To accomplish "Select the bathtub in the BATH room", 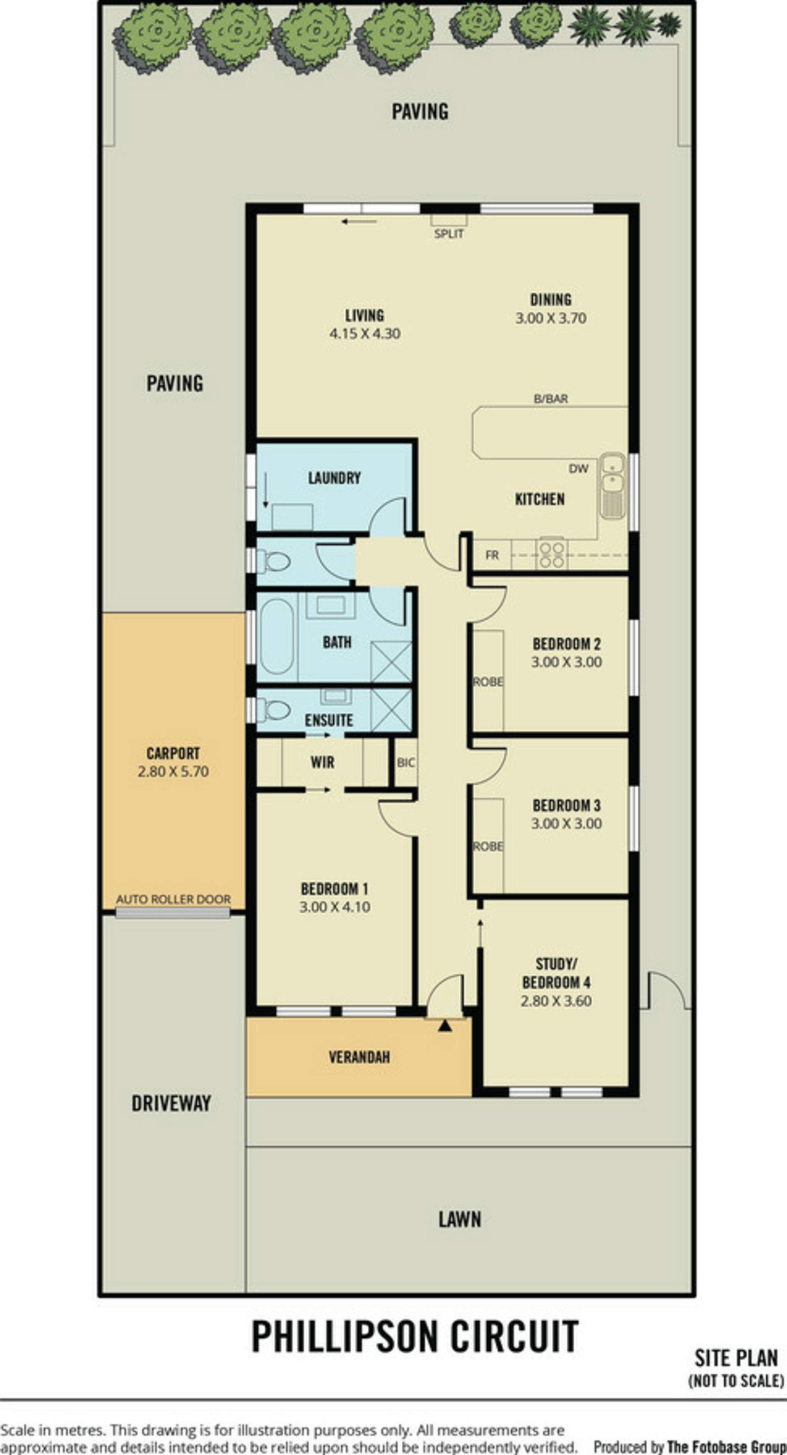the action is (x=277, y=636).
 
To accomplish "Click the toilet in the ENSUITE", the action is (x=274, y=710).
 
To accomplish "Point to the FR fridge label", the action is (x=492, y=556).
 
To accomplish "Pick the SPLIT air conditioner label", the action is (x=449, y=234).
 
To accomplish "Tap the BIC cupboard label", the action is (x=406, y=762).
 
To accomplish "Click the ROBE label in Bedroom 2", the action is (x=488, y=682).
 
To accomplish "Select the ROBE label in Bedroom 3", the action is (x=488, y=846).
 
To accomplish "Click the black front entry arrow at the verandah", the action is (x=445, y=1025).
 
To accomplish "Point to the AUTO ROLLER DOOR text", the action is (x=173, y=899).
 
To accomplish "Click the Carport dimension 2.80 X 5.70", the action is (x=173, y=771).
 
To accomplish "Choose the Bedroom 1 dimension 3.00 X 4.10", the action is (x=335, y=907).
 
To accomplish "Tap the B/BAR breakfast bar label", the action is (x=551, y=399).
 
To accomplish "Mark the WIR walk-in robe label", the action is (x=322, y=762).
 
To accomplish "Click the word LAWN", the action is (x=460, y=1220).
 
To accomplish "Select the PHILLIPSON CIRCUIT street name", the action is (x=415, y=1336).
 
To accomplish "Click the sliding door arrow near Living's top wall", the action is (x=359, y=221).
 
